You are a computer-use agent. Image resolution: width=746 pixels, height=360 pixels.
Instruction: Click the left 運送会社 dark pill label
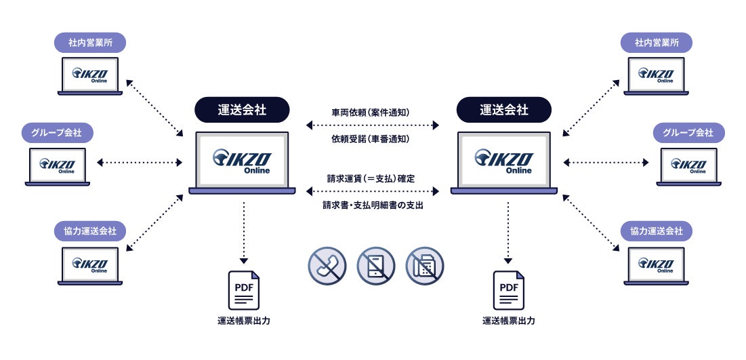242,109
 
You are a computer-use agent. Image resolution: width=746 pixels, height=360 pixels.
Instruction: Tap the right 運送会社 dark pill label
504,109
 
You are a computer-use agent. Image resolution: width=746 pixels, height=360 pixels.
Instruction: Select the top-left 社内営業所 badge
91,43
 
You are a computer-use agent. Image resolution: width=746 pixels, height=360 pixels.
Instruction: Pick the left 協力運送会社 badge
91,231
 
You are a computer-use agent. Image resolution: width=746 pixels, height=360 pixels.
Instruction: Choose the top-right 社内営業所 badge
657,43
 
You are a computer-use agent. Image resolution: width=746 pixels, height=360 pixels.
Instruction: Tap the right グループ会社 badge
688,132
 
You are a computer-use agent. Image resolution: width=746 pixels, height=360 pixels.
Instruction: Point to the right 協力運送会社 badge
657,231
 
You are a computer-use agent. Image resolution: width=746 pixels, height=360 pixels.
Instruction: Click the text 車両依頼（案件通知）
373,111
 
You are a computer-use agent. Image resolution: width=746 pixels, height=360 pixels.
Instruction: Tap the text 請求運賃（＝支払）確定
373,178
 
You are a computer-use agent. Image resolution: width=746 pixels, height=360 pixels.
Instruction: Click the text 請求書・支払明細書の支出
373,205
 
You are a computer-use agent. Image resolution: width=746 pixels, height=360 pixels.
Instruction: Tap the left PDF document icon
244,290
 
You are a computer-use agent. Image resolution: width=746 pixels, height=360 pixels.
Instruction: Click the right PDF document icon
508,290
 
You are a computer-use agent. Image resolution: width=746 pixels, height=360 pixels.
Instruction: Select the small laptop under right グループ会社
688,165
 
